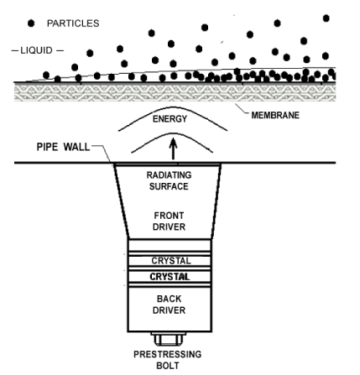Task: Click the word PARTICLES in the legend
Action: pos(73,23)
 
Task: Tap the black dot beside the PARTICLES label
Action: pos(31,23)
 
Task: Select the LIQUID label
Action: pos(36,50)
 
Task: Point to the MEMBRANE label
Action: pos(275,115)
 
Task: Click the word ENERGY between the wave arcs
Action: pos(170,119)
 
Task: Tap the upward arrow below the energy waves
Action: pos(174,148)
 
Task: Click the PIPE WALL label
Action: pos(63,147)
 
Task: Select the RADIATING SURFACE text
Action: pos(169,180)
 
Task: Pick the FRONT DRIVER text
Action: pos(169,221)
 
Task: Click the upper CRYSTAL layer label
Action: pos(171,261)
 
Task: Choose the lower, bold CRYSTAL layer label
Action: pos(170,277)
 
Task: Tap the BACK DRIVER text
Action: pos(169,305)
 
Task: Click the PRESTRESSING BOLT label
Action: pos(168,360)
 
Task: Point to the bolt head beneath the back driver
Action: pos(168,339)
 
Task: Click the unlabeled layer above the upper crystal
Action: pos(170,245)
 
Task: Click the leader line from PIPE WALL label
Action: pos(102,154)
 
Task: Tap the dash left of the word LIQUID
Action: pos(14,51)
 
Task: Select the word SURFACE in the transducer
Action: pos(169,186)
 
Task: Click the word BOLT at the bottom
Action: pos(168,366)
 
